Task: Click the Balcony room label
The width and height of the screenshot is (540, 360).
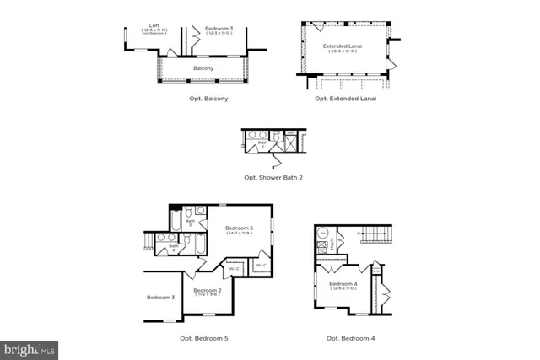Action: click(x=202, y=68)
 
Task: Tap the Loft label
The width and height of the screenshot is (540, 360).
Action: click(x=154, y=25)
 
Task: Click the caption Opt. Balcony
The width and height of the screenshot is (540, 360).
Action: click(x=208, y=99)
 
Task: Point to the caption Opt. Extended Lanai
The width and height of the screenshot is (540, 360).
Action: click(x=345, y=99)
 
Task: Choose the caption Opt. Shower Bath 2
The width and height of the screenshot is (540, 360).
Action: click(x=273, y=178)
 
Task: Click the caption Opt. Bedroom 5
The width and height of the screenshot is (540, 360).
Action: click(x=203, y=338)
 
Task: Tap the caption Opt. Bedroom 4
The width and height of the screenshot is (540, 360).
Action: click(x=350, y=338)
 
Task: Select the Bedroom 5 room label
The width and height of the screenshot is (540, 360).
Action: click(x=239, y=228)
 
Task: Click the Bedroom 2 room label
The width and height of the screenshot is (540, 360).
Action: click(x=207, y=289)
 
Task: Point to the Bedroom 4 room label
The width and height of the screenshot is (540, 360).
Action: click(x=343, y=284)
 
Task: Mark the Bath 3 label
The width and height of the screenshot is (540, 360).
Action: click(x=190, y=223)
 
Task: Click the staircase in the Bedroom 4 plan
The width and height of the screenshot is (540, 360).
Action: click(x=377, y=232)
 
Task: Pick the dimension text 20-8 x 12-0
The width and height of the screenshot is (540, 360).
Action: click(x=343, y=52)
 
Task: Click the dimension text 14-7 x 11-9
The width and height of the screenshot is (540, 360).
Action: click(x=239, y=233)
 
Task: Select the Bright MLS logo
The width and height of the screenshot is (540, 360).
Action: click(x=30, y=348)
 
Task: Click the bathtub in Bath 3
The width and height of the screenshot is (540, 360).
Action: click(x=175, y=223)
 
